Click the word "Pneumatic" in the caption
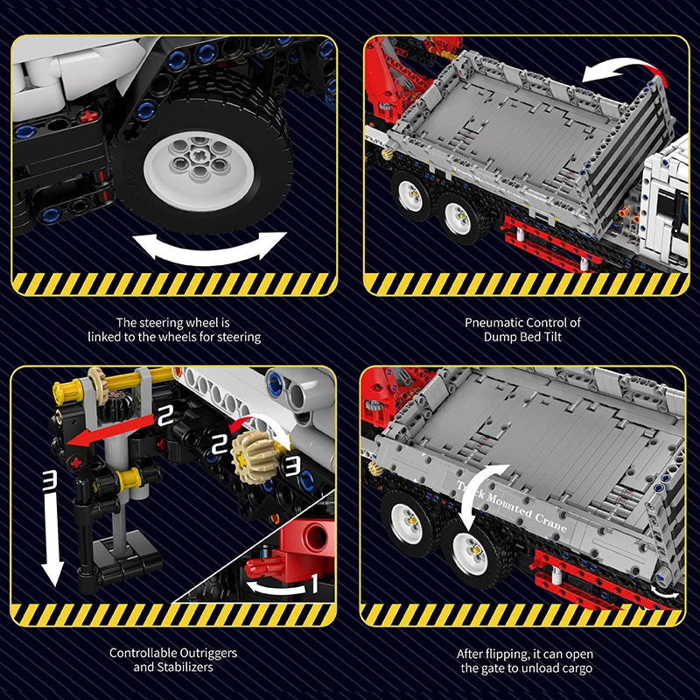(492, 322)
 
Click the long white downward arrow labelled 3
(52, 525)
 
